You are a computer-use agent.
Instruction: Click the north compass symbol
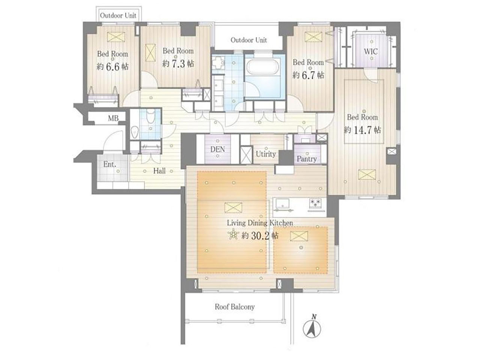click(312, 328)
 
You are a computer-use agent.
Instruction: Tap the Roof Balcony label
click(235, 307)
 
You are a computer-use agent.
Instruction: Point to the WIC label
click(370, 52)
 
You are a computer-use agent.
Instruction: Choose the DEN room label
click(217, 149)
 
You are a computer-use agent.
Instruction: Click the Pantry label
click(307, 159)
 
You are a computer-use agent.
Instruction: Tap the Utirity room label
click(266, 154)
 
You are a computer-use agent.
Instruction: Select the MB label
click(113, 118)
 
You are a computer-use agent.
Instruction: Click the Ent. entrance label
click(109, 164)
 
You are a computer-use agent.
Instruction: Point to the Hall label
click(159, 171)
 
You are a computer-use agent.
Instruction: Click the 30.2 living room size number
click(260, 235)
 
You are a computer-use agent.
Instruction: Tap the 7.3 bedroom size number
click(178, 64)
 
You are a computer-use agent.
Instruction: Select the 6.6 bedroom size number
click(112, 67)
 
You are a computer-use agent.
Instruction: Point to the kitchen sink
click(283, 204)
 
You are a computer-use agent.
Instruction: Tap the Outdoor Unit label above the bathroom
click(249, 40)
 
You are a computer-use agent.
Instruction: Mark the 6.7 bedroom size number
click(308, 75)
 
